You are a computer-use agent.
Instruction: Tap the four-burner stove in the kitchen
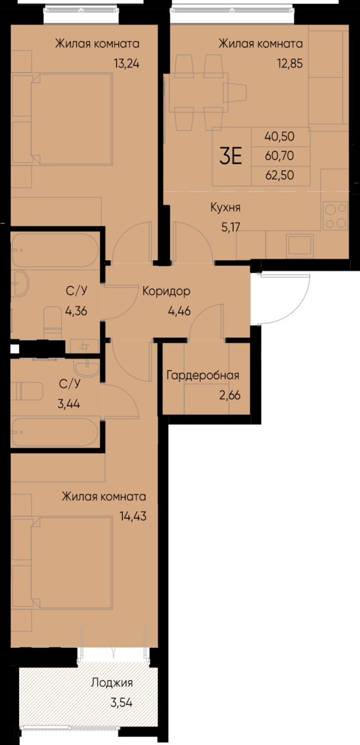[335, 215]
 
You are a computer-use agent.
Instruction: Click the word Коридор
[166, 292]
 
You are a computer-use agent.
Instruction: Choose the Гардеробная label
[202, 376]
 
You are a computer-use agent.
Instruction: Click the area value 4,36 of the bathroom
[77, 310]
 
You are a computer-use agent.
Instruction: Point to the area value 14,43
[132, 516]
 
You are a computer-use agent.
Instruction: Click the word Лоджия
[112, 682]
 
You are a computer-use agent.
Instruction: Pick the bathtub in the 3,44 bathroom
[54, 432]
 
